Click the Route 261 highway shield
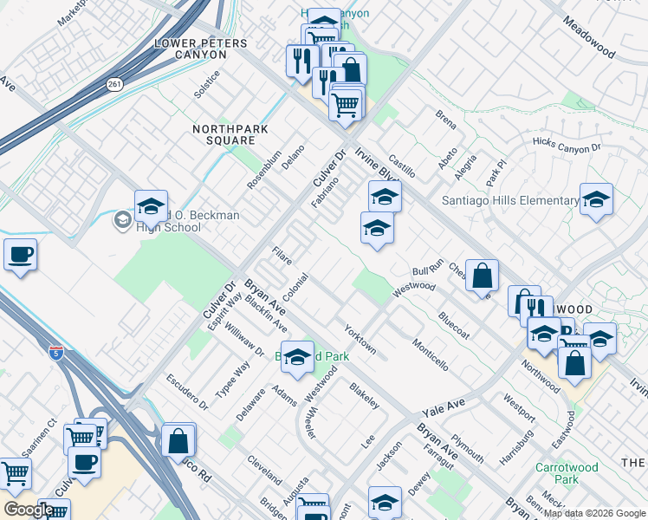pyautogui.click(x=114, y=85)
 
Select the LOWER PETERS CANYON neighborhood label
pyautogui.click(x=190, y=49)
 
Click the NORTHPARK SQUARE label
pyautogui.click(x=230, y=135)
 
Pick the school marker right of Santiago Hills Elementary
pyautogui.click(x=596, y=201)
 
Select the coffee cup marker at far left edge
pyautogui.click(x=20, y=257)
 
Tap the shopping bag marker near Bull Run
pyautogui.click(x=483, y=276)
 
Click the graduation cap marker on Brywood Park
pyautogui.click(x=297, y=359)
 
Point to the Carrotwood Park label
pyautogui.click(x=566, y=473)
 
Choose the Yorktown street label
pyautogui.click(x=360, y=340)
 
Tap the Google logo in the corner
pyautogui.click(x=28, y=510)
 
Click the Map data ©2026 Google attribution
pyautogui.click(x=593, y=513)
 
